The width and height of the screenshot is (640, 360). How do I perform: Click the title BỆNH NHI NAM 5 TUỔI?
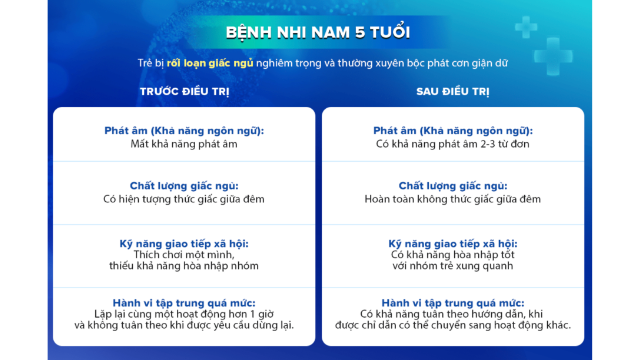pyautogui.click(x=318, y=32)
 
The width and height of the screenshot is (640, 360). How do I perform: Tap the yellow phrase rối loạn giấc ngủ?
pyautogui.click(x=210, y=63)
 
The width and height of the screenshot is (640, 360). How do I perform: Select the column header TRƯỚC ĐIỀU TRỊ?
pyautogui.click(x=185, y=91)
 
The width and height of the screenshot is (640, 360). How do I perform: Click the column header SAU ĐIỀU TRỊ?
pyautogui.click(x=453, y=91)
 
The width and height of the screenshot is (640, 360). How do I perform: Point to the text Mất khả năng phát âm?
pyautogui.click(x=184, y=144)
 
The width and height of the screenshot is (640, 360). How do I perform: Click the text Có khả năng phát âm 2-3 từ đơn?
pyautogui.click(x=453, y=144)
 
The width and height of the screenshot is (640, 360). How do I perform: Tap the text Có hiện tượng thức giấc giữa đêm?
pyautogui.click(x=184, y=199)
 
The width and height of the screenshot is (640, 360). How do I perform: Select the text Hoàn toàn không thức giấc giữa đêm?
pyautogui.click(x=453, y=199)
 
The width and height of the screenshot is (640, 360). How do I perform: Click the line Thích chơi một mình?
pyautogui.click(x=184, y=255)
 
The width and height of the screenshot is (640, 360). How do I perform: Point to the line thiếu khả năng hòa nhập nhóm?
pyautogui.click(x=184, y=266)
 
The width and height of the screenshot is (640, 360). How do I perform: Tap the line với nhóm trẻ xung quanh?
pyautogui.click(x=453, y=266)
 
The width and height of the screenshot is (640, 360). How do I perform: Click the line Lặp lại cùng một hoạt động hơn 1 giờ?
pyautogui.click(x=184, y=314)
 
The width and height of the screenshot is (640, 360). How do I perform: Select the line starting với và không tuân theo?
pyautogui.click(x=184, y=325)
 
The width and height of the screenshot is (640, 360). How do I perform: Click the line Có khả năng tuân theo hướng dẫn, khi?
pyautogui.click(x=451, y=314)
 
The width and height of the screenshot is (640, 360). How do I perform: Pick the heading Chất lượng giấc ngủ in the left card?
pyautogui.click(x=184, y=186)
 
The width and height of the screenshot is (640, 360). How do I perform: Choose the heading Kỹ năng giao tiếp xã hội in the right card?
pyautogui.click(x=453, y=244)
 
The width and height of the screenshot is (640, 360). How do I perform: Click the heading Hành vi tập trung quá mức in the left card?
pyautogui.click(x=184, y=303)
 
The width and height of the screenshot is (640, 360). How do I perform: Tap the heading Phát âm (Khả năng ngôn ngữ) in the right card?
pyautogui.click(x=453, y=131)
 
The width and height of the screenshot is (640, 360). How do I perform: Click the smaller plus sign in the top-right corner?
pyautogui.click(x=526, y=27)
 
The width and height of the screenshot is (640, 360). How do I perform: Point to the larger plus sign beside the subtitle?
pyautogui.click(x=553, y=56)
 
